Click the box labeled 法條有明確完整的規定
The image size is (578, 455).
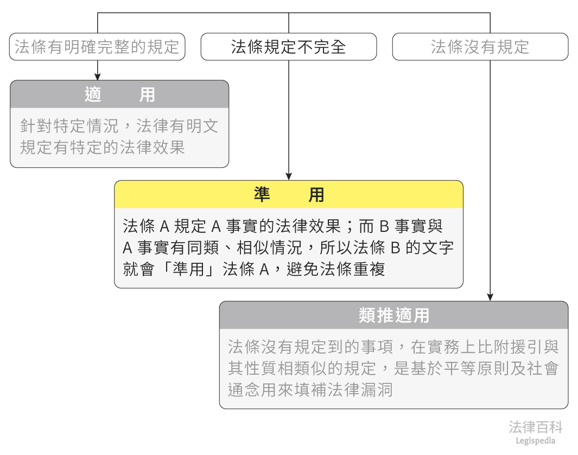97,47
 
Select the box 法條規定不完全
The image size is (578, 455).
288,47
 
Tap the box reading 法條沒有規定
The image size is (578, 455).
480,47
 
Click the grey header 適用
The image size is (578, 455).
119,94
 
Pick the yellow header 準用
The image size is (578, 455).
288,194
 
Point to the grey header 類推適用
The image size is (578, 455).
393,315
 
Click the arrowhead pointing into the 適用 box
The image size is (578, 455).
98,77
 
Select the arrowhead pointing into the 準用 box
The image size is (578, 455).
288,176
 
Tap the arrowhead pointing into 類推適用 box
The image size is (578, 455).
490,297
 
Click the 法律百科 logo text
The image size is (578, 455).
535,427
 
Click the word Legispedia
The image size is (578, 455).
535,441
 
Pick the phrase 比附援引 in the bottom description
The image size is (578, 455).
506,346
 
